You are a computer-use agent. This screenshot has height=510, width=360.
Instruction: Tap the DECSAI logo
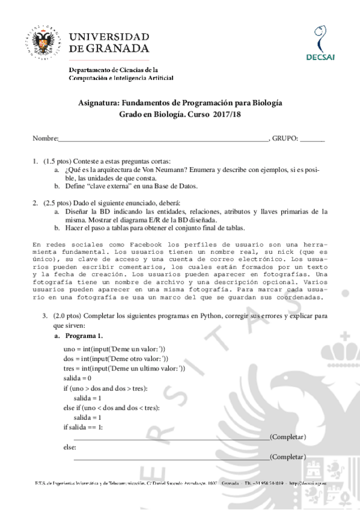320,42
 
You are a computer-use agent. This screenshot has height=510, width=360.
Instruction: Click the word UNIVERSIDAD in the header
109,34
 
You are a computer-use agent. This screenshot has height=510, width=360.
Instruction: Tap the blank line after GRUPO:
312,138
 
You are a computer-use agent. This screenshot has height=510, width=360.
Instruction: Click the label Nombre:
45,138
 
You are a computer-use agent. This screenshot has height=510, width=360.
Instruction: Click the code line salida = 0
77,378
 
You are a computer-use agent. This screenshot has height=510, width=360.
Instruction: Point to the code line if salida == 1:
83,427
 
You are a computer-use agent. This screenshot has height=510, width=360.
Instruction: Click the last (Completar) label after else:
288,456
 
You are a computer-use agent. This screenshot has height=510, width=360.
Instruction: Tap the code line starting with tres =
123,368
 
